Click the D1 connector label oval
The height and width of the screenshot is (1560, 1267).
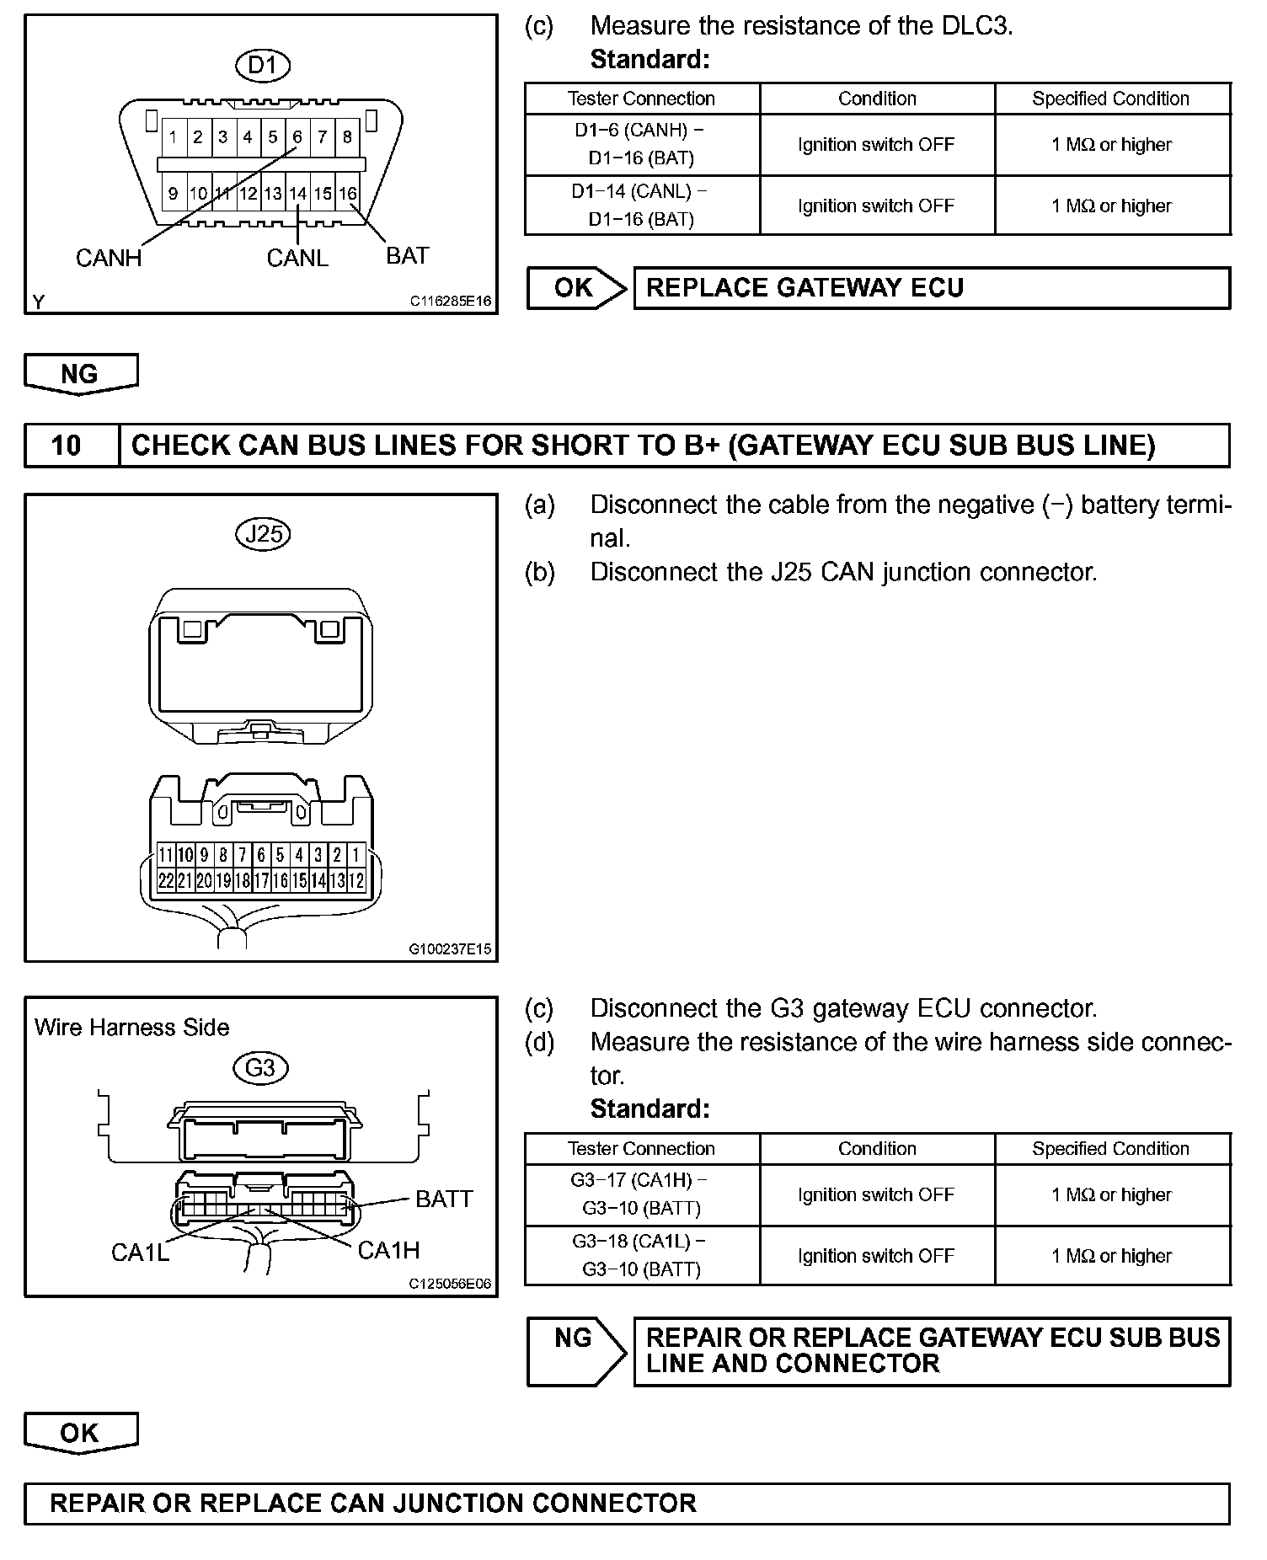click(x=262, y=65)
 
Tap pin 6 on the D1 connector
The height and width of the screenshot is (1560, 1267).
click(x=297, y=136)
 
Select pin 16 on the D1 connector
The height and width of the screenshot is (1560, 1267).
click(x=347, y=193)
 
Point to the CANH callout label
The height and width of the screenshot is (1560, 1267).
click(x=109, y=258)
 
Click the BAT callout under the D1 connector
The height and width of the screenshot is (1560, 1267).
click(x=408, y=255)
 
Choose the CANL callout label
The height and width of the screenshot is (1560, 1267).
click(x=297, y=258)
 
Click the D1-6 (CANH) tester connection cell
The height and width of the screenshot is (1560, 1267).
click(x=641, y=144)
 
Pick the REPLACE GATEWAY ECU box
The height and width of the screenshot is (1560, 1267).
click(x=931, y=288)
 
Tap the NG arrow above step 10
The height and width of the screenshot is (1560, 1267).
click(x=81, y=373)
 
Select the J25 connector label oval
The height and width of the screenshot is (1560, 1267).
click(x=263, y=534)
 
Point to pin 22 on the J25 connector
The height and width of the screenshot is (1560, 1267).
click(x=166, y=881)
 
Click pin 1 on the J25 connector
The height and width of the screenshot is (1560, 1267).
click(x=356, y=856)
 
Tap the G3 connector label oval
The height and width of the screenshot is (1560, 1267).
click(x=260, y=1068)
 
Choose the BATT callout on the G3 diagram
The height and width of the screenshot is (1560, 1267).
click(x=444, y=1198)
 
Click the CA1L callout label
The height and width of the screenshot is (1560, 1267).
click(x=140, y=1253)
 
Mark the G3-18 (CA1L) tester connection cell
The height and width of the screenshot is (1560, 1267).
click(x=641, y=1255)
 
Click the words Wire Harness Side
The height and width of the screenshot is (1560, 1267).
click(x=132, y=1028)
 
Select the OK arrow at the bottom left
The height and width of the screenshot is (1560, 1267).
click(x=81, y=1432)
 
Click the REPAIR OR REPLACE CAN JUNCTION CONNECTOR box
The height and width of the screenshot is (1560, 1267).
click(x=626, y=1504)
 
